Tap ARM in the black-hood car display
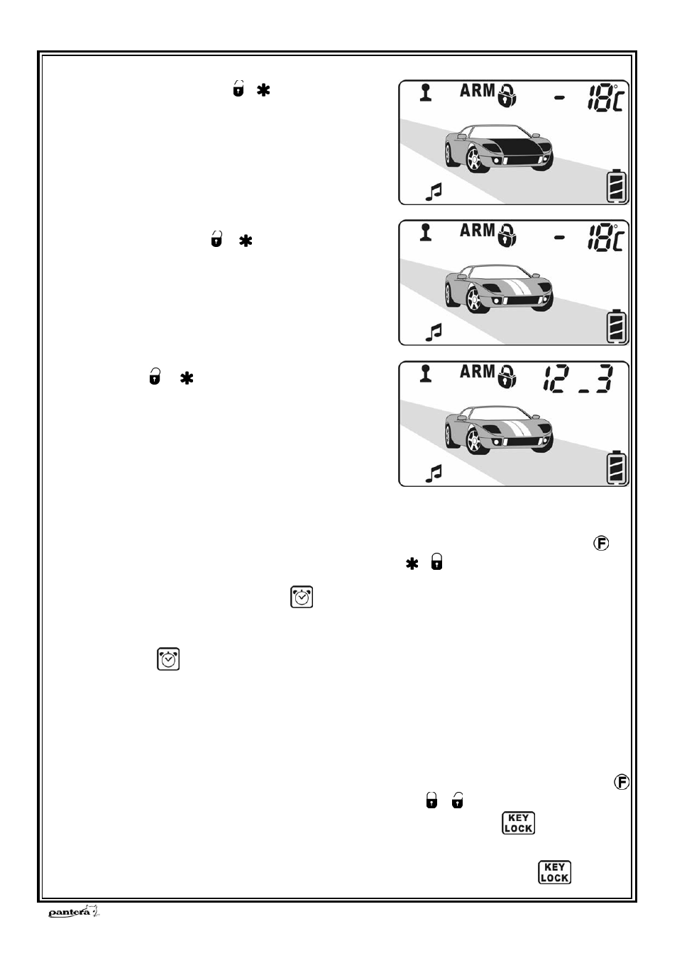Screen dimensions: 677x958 478,91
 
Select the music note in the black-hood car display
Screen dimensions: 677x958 434,192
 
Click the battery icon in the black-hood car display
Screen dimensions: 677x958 616,187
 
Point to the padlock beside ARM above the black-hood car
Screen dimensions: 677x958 507,95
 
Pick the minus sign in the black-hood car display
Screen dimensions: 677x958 559,99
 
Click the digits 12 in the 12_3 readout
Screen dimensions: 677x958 557,379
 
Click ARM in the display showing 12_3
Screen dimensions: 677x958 478,372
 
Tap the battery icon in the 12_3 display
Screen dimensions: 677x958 616,468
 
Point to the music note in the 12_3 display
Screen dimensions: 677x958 434,473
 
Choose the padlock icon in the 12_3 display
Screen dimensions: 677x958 507,376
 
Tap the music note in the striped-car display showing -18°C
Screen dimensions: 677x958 434,332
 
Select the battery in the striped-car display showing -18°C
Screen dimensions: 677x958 616,326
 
